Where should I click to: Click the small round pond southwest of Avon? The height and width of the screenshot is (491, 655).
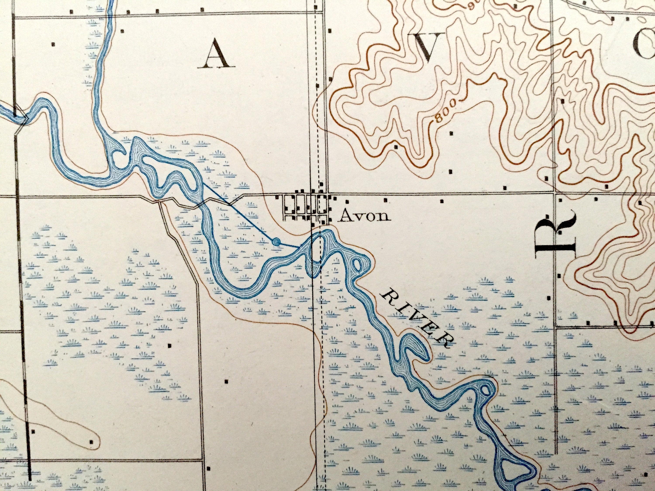[x=276, y=242]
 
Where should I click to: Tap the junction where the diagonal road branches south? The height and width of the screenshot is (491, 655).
[x=160, y=202]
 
